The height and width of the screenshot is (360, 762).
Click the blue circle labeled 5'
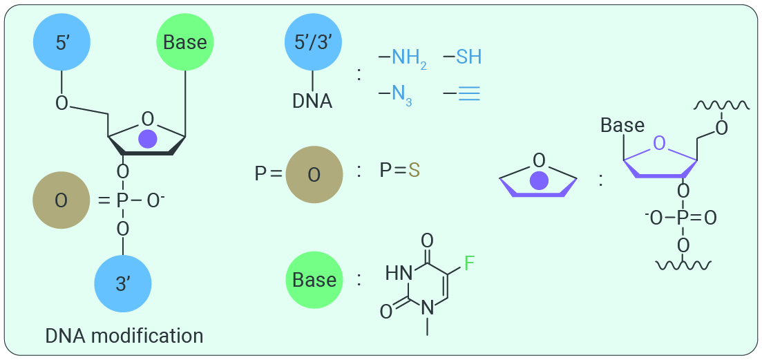(61, 42)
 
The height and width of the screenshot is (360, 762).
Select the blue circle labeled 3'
(123, 284)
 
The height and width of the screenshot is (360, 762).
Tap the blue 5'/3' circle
(314, 42)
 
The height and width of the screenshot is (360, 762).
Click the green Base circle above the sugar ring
(185, 42)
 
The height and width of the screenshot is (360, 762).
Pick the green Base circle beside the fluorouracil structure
(314, 280)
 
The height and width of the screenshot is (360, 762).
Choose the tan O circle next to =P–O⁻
(61, 200)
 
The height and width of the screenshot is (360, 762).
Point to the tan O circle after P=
(314, 175)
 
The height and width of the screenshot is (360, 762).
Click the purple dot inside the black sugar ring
(148, 139)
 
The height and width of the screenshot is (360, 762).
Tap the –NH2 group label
(403, 59)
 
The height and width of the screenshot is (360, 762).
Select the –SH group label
(463, 57)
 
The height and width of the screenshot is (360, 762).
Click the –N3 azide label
(396, 94)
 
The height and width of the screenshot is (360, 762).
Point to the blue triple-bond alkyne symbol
(462, 93)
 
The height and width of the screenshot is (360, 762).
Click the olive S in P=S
(414, 171)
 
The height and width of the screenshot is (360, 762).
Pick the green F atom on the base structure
(470, 263)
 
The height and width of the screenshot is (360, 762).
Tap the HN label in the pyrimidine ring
(399, 273)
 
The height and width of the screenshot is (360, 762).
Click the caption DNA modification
(124, 336)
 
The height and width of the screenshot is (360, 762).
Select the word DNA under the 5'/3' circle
(312, 102)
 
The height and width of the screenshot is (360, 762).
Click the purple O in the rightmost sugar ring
(659, 143)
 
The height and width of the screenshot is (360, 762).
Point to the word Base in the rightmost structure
(622, 125)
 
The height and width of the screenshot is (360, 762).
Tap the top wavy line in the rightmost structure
(721, 105)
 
